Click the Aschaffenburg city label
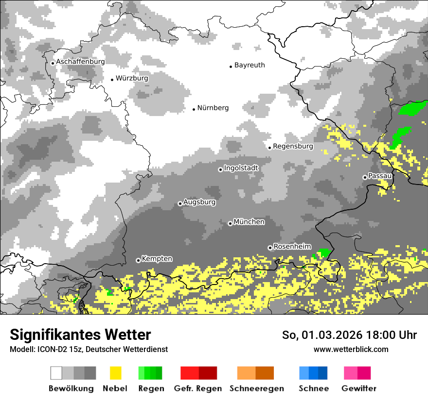click(x=80, y=62)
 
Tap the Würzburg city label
click(x=132, y=78)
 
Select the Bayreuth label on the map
click(x=250, y=65)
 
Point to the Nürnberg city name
click(x=213, y=108)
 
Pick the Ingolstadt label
click(x=241, y=168)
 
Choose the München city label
click(x=249, y=222)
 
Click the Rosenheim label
click(x=292, y=247)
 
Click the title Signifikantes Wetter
click(x=80, y=335)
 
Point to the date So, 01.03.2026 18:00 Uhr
click(x=349, y=335)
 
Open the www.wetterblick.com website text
click(x=351, y=349)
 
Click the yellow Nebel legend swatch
click(x=115, y=373)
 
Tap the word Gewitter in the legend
click(x=358, y=388)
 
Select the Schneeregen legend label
click(x=256, y=388)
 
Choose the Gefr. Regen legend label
click(x=198, y=388)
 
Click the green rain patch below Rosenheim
click(x=323, y=253)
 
